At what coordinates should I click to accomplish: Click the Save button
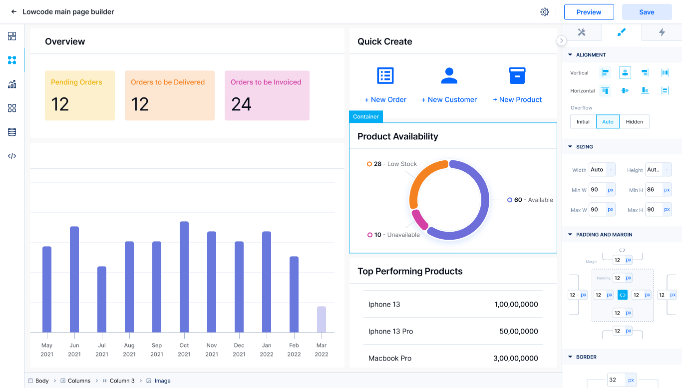tap(647, 12)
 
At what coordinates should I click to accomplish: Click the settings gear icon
tap(545, 12)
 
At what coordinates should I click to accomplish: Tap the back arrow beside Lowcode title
tap(14, 12)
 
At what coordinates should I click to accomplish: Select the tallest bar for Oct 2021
tap(184, 277)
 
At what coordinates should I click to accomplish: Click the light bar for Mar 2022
tap(322, 319)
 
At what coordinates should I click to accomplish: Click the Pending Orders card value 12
tap(60, 104)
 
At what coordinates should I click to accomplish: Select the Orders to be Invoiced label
tap(266, 82)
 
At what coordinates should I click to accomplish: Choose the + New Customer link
tap(449, 100)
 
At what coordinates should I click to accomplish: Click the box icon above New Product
tap(517, 75)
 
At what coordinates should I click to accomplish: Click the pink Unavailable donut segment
tap(419, 220)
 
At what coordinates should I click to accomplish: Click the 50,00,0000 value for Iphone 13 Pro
tap(519, 332)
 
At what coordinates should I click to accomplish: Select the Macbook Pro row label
tap(390, 359)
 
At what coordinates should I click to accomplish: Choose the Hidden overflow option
tap(635, 122)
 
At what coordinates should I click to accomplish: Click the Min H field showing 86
tap(652, 190)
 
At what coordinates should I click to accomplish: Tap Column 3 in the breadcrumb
tap(122, 381)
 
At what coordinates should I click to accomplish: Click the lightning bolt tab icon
tap(662, 32)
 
